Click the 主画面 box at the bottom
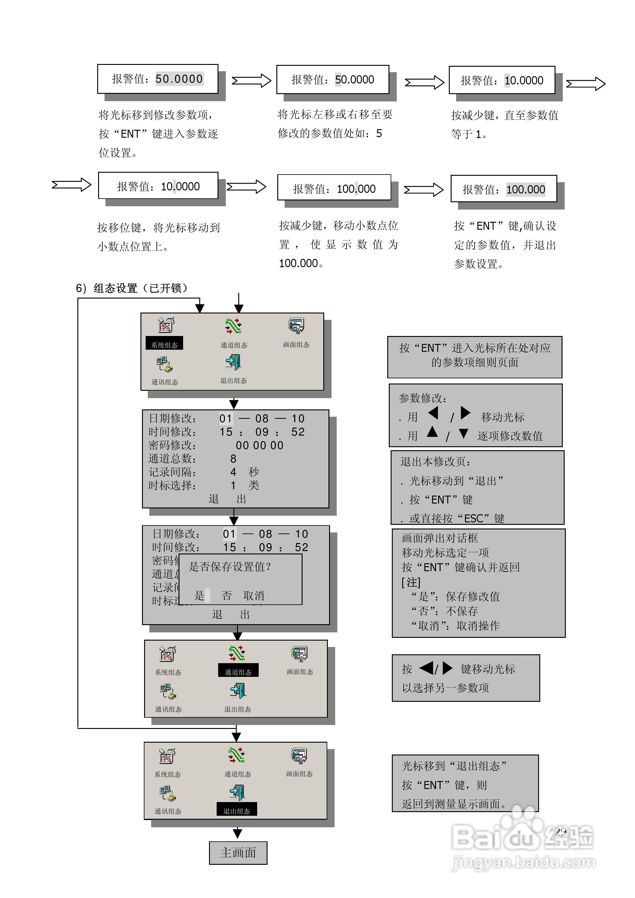238,853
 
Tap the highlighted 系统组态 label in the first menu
164,345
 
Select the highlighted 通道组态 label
238,672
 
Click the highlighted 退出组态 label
237,811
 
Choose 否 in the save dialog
226,596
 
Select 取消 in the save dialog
254,596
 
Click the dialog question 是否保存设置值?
230,567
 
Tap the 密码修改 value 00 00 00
259,445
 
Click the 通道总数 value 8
233,458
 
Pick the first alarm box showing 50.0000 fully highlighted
158,79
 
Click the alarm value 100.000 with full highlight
504,189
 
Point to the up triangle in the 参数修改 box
432,432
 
